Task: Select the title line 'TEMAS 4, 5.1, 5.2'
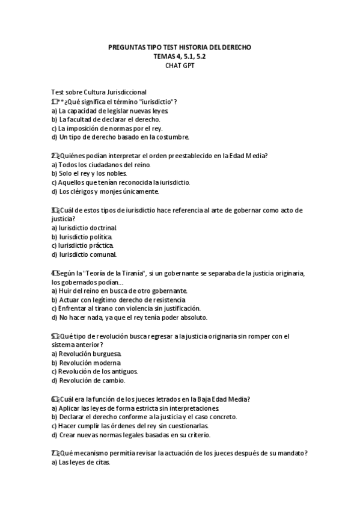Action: click(x=179, y=56)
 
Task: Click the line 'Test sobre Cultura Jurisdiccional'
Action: click(x=99, y=92)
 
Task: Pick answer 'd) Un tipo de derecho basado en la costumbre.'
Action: click(x=120, y=137)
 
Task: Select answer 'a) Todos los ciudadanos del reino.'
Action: click(x=100, y=164)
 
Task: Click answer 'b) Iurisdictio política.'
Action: click(x=85, y=237)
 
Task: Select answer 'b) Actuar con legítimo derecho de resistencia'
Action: click(x=118, y=300)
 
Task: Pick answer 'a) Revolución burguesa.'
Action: click(x=87, y=354)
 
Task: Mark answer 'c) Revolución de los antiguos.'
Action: click(x=95, y=372)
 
